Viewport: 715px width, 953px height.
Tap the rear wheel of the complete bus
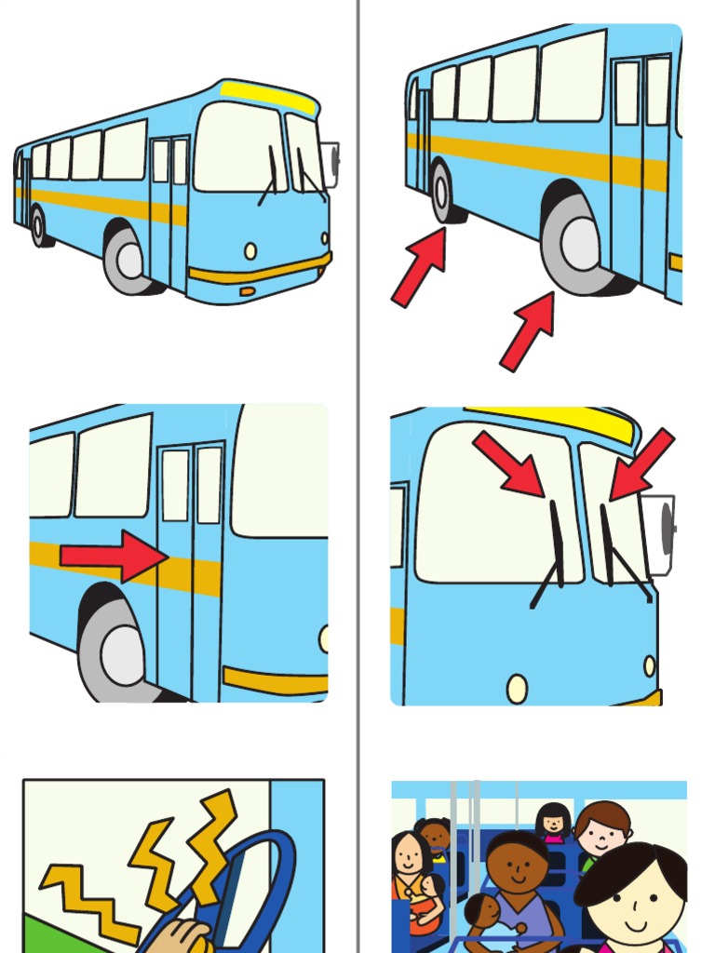pos(38,226)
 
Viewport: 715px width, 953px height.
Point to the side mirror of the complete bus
pos(330,164)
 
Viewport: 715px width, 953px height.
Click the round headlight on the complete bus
pos(250,250)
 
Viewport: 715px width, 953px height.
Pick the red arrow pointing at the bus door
pos(113,556)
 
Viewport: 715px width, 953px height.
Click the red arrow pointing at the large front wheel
pos(528,330)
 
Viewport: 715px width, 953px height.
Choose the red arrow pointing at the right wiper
pos(641,463)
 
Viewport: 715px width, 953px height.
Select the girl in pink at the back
pos(553,822)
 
